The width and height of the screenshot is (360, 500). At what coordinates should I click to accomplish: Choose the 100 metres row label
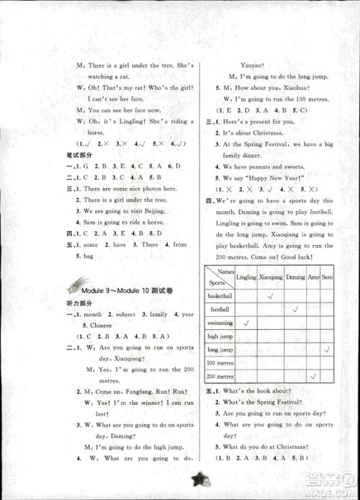[x=220, y=362]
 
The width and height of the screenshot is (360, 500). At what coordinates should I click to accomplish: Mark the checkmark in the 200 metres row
[x=313, y=376]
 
